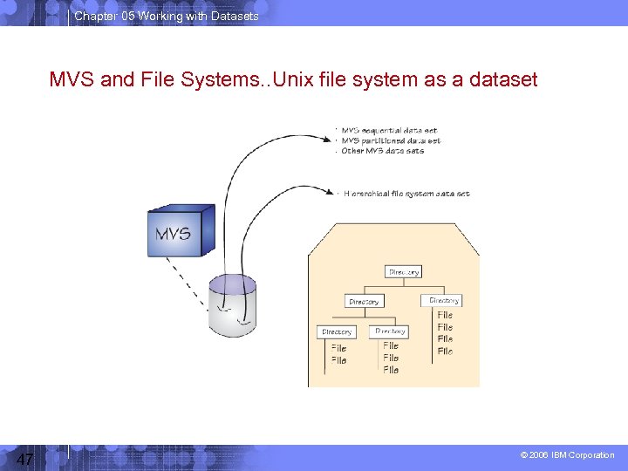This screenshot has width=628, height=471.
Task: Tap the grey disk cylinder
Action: click(x=233, y=304)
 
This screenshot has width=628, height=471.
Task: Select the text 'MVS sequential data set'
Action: click(x=389, y=131)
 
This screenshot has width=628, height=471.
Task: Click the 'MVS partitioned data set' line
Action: click(x=391, y=140)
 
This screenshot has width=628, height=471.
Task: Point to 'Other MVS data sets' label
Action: click(x=383, y=151)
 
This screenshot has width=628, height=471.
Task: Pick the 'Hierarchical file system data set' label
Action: click(x=406, y=194)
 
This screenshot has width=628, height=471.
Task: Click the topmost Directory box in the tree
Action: click(x=404, y=272)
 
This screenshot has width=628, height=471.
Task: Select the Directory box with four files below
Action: click(x=445, y=300)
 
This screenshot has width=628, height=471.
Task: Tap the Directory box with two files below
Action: click(x=337, y=332)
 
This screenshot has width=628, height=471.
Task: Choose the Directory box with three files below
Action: click(x=390, y=331)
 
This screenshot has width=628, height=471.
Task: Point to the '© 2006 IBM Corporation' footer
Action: click(x=567, y=455)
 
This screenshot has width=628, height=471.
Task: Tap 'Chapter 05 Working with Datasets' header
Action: click(x=167, y=17)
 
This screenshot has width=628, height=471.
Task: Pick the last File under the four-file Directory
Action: click(x=445, y=352)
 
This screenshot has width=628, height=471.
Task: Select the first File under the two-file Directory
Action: click(x=338, y=348)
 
